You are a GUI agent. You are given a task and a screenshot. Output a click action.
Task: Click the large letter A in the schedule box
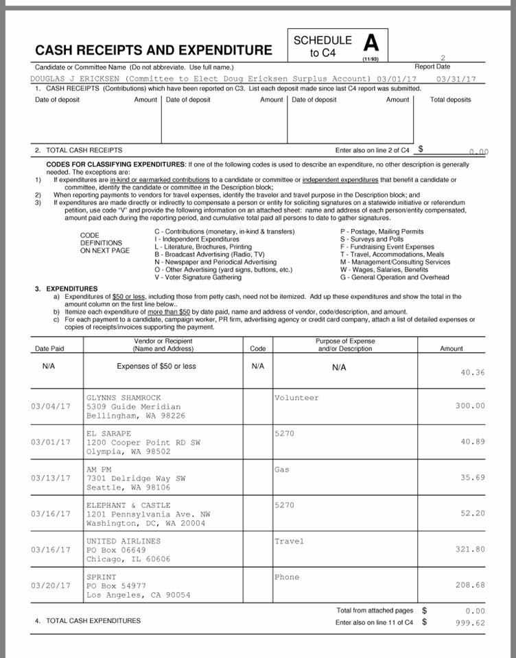click(371, 44)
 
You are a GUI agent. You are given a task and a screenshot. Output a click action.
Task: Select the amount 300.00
click(470, 406)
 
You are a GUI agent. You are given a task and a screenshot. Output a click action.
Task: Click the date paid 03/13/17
click(51, 478)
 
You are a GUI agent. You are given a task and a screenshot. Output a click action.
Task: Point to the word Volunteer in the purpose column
click(296, 398)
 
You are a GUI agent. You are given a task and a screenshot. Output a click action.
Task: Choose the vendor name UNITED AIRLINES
click(124, 541)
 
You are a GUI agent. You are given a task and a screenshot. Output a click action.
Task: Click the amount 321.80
click(470, 549)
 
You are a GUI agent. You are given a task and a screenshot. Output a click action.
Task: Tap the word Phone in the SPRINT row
click(287, 577)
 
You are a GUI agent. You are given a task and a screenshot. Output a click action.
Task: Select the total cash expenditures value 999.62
click(470, 623)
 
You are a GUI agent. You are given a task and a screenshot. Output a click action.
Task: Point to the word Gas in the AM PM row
click(282, 470)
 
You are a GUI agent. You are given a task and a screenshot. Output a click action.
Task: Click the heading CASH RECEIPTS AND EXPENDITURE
click(154, 50)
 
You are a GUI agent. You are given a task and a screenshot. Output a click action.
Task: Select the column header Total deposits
click(450, 99)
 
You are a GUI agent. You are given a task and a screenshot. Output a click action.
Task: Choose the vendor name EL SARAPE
click(108, 433)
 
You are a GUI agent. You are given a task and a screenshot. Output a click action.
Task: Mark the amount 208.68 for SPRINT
click(470, 585)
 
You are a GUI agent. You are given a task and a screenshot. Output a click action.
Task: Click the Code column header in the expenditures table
click(258, 348)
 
